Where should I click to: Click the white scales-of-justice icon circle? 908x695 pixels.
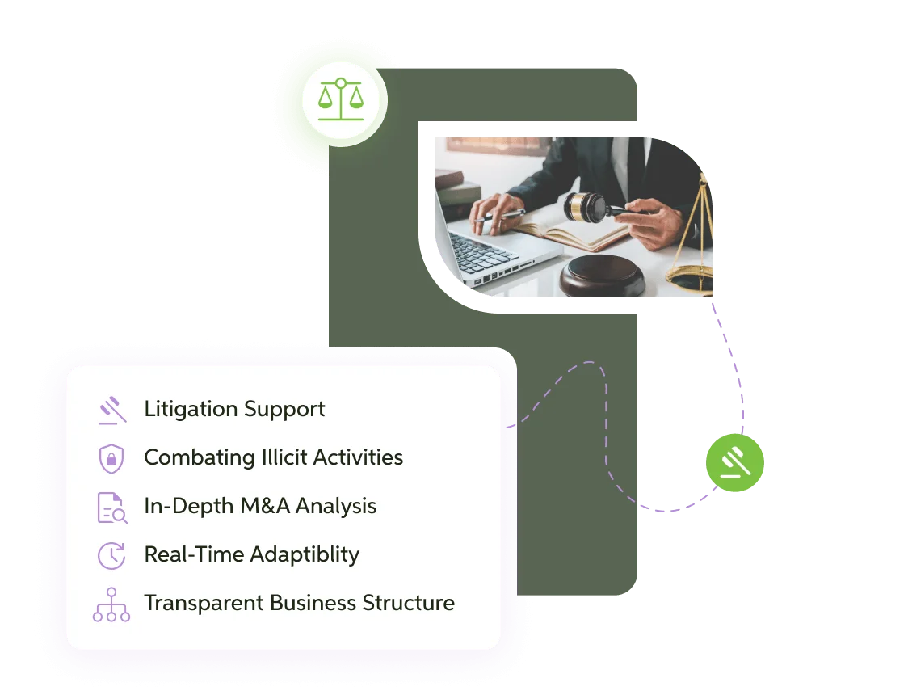[x=340, y=99]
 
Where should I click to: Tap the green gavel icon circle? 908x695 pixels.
[x=734, y=463]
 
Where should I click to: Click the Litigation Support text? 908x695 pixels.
[x=234, y=409]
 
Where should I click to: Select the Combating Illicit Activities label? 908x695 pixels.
[x=273, y=457]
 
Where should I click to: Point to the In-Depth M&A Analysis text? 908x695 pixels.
[x=260, y=506]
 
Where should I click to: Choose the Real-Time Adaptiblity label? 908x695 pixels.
[x=251, y=554]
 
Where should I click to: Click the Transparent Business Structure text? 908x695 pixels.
[x=299, y=603]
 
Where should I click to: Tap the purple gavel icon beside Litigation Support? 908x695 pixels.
[x=111, y=410]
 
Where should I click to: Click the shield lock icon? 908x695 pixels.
[x=111, y=458]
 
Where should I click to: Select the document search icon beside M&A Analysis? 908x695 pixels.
[x=111, y=508]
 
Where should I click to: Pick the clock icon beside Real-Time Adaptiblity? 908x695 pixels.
[x=111, y=555]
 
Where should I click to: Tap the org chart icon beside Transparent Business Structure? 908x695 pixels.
[x=111, y=604]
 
